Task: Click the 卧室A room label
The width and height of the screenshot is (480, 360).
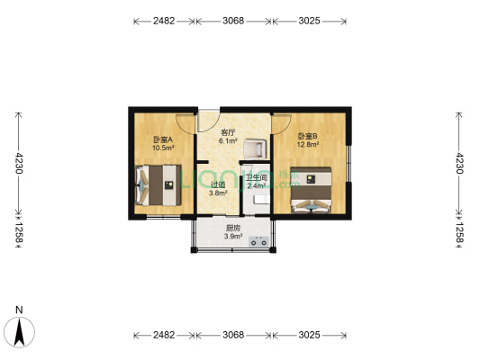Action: click(162, 139)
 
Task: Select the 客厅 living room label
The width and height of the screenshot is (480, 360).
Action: click(229, 132)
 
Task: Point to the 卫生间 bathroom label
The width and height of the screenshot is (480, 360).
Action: click(256, 177)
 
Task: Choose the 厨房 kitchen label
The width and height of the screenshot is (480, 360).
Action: click(233, 228)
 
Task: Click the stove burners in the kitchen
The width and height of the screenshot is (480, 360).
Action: click(258, 240)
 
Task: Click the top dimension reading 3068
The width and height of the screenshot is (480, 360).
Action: click(233, 21)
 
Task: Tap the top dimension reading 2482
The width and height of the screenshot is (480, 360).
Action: click(164, 21)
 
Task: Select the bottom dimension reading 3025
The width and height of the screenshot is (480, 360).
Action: click(309, 335)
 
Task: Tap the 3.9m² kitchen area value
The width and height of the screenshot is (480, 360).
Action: click(233, 237)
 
